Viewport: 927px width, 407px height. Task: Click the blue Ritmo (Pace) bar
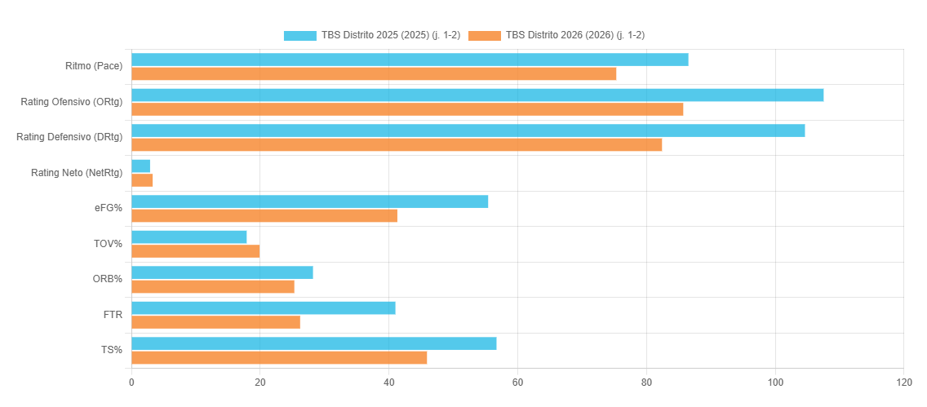[410, 60]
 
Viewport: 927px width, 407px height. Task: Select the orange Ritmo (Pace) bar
[374, 74]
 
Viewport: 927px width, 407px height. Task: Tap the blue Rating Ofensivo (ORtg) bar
[477, 95]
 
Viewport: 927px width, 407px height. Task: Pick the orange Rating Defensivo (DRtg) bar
[397, 144]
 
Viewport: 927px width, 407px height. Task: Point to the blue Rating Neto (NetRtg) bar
[140, 166]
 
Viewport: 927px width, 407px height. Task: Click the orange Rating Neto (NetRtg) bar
[142, 180]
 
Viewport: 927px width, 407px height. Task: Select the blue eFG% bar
[310, 201]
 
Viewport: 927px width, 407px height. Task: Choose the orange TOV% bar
[195, 251]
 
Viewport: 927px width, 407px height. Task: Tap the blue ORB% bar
[222, 272]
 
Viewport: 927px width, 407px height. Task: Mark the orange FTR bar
[215, 322]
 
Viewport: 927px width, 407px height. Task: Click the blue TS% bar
[314, 343]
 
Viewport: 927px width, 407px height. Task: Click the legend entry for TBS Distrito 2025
[372, 35]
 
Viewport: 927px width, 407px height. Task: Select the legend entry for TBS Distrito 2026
[557, 35]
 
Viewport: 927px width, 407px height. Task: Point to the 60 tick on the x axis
[517, 383]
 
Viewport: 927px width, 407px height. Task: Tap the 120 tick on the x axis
[903, 383]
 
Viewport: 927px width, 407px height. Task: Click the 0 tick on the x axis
[131, 383]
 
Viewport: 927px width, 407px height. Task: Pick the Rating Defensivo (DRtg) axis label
[69, 137]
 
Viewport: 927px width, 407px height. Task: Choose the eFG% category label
[109, 208]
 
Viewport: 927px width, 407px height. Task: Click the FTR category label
[113, 314]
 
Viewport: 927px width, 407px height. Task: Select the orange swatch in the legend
[485, 35]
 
